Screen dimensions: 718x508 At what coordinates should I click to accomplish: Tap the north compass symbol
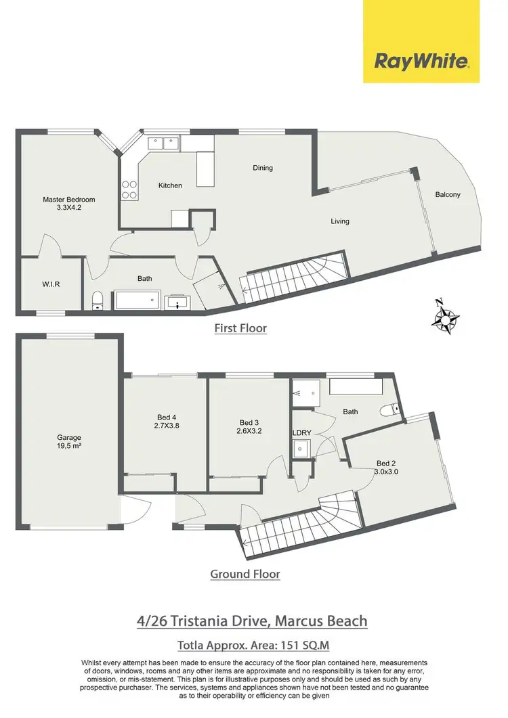pos(446,317)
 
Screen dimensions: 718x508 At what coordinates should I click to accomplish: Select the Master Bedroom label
pos(69,204)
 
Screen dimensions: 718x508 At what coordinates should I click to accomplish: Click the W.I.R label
pos(51,284)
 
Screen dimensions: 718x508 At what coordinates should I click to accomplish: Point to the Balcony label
pos(448,195)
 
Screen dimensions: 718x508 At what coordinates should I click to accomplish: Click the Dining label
pos(263,168)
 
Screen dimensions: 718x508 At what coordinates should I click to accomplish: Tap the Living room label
pos(340,221)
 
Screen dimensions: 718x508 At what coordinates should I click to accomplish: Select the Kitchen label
pos(170,185)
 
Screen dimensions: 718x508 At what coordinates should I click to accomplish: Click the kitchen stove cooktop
pos(129,189)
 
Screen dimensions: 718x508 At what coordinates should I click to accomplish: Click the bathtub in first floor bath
pos(137,299)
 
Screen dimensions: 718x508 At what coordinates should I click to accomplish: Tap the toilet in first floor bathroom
pos(98,300)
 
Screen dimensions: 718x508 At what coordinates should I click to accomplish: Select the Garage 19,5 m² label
pos(68,441)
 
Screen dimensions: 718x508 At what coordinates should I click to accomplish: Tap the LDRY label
pos(301,433)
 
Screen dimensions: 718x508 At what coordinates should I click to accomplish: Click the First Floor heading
pos(240,328)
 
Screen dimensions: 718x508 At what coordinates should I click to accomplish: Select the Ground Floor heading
pos(245,574)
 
